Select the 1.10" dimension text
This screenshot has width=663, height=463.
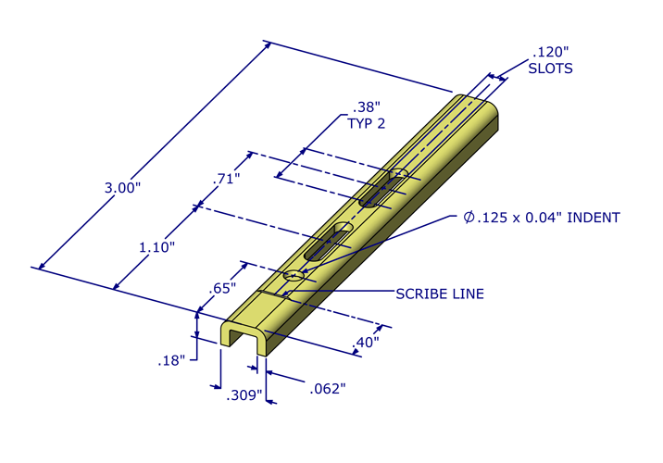point(156,248)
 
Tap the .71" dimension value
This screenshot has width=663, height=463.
point(226,179)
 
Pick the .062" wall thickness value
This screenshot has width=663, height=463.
point(329,387)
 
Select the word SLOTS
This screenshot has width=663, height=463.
point(550,69)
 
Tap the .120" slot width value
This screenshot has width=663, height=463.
point(551,52)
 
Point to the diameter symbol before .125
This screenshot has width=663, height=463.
point(469,218)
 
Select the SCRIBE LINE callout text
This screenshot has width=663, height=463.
point(440,294)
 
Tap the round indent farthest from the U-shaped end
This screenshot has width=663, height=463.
point(398,173)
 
